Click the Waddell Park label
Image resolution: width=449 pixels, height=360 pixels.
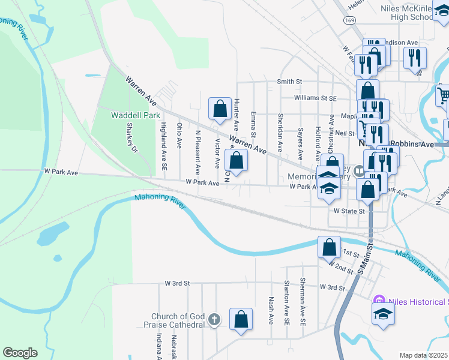pos(136,115)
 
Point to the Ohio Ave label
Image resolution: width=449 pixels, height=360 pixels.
pos(179,135)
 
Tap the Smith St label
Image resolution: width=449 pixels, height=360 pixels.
pos(289,82)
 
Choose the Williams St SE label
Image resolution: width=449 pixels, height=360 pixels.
pos(316,98)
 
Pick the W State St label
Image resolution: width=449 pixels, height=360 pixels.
pos(349,211)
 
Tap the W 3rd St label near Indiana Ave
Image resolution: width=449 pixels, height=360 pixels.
pos(177,283)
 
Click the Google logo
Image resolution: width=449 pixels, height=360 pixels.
pos(20,353)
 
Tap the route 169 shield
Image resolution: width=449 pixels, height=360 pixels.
pos(349,20)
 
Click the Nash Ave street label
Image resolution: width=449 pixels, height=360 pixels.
pos(271,311)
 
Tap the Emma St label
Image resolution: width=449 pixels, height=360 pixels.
pos(254,122)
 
